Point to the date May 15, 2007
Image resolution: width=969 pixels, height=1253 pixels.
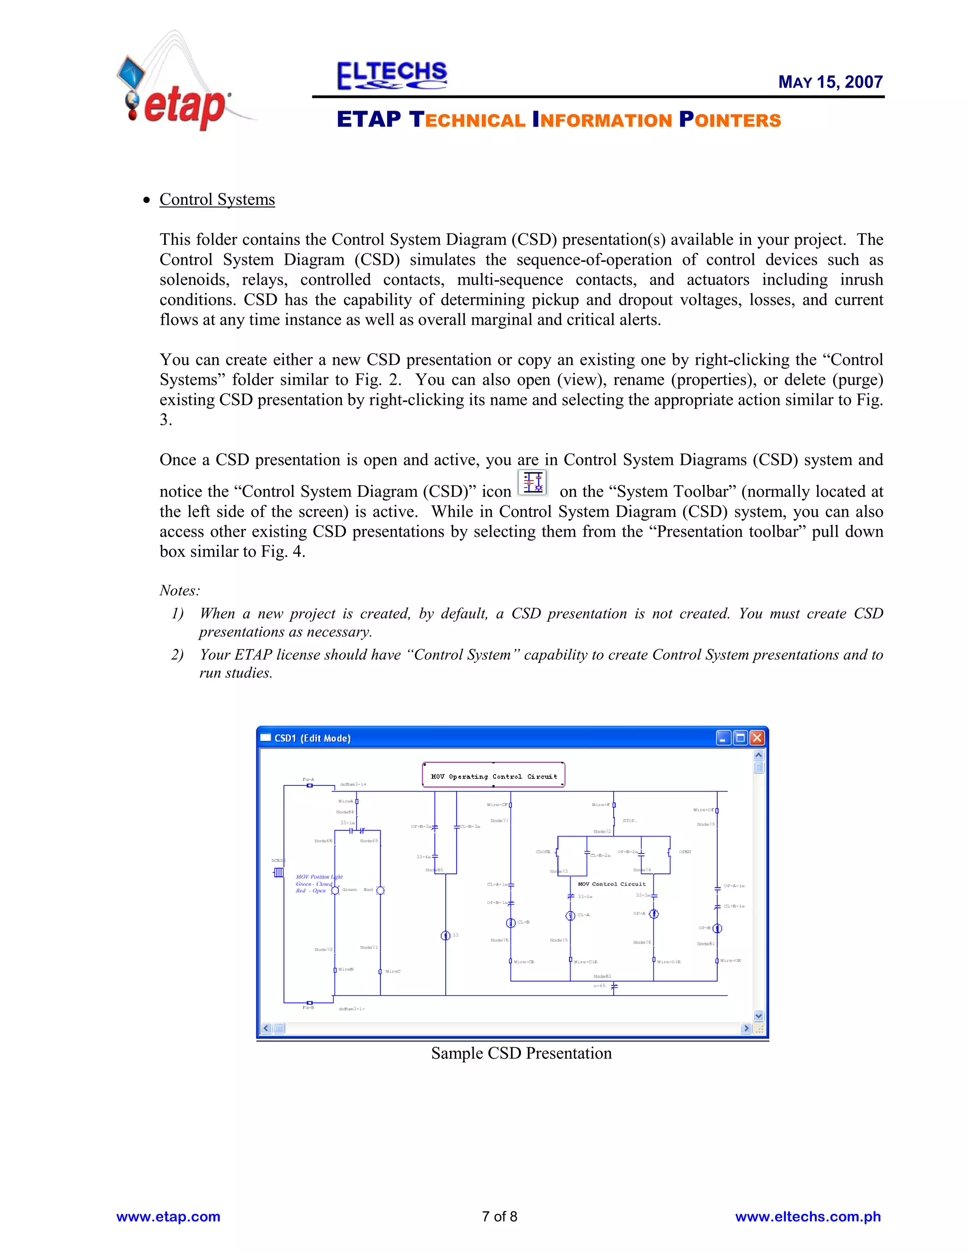coord(830,82)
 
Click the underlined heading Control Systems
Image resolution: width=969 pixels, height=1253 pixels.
coord(217,199)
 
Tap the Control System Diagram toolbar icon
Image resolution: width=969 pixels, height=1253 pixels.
coord(533,482)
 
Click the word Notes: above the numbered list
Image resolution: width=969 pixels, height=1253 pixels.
coord(180,591)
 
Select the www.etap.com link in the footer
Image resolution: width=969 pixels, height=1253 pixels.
coord(168,1216)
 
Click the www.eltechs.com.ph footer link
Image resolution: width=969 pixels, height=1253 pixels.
coord(808,1216)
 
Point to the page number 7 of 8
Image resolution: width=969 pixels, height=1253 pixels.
coord(500,1216)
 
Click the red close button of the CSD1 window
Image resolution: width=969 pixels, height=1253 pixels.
coord(757,738)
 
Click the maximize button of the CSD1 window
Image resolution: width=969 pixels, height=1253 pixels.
coord(740,738)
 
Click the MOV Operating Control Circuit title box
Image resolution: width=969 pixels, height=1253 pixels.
coord(493,775)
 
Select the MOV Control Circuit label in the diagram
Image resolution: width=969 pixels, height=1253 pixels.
coord(611,884)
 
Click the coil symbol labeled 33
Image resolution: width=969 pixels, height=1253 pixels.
coord(445,936)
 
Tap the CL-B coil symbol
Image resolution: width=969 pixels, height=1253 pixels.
coord(511,922)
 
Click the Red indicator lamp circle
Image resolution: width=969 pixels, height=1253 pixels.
coord(380,890)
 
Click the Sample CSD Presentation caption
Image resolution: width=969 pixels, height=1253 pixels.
coord(521,1053)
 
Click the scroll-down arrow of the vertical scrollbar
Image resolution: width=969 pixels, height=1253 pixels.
coord(758,1016)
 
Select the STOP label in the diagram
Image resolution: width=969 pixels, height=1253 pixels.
coord(629,820)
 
